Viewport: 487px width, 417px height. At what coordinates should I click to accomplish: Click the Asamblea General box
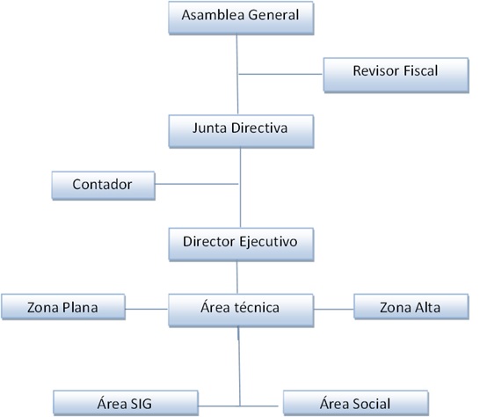pos(241,18)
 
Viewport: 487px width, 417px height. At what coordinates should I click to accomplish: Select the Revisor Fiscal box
pos(396,75)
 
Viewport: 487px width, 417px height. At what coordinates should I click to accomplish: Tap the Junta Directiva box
pos(241,131)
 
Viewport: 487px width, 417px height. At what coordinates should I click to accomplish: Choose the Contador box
pos(104,186)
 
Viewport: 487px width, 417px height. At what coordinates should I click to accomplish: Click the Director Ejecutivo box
pos(241,245)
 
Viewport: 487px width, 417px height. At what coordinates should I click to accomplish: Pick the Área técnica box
pos(241,310)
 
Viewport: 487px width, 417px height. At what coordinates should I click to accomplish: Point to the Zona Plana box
pos(63,307)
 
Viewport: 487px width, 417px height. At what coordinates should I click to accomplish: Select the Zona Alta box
pos(411,306)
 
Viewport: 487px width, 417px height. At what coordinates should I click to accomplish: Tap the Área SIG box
pos(126,403)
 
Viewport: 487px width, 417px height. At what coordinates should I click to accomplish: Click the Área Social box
pos(356,403)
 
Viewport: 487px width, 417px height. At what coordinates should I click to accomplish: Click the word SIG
pos(139,404)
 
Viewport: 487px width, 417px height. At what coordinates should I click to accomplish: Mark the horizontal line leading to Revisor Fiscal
pos(280,74)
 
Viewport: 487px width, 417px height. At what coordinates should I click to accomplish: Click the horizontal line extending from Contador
pos(197,184)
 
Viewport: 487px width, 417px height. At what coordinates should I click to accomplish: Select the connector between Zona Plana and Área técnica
pos(147,309)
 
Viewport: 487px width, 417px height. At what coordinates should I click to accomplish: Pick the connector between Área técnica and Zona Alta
pos(334,309)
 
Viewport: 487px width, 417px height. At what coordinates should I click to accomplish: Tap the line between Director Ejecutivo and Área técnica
pos(237,277)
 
